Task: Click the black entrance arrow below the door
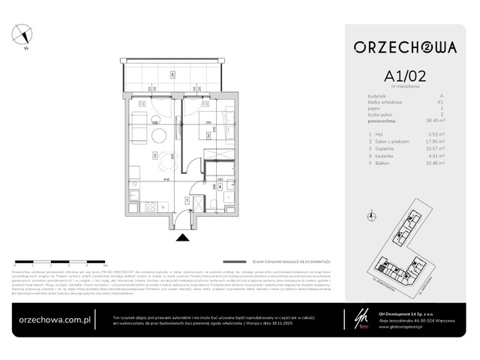(x=181, y=238)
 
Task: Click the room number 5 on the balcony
(x=172, y=74)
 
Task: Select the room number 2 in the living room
(x=154, y=156)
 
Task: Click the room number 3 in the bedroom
(x=208, y=136)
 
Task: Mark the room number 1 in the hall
(x=187, y=200)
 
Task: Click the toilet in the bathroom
(x=214, y=206)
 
